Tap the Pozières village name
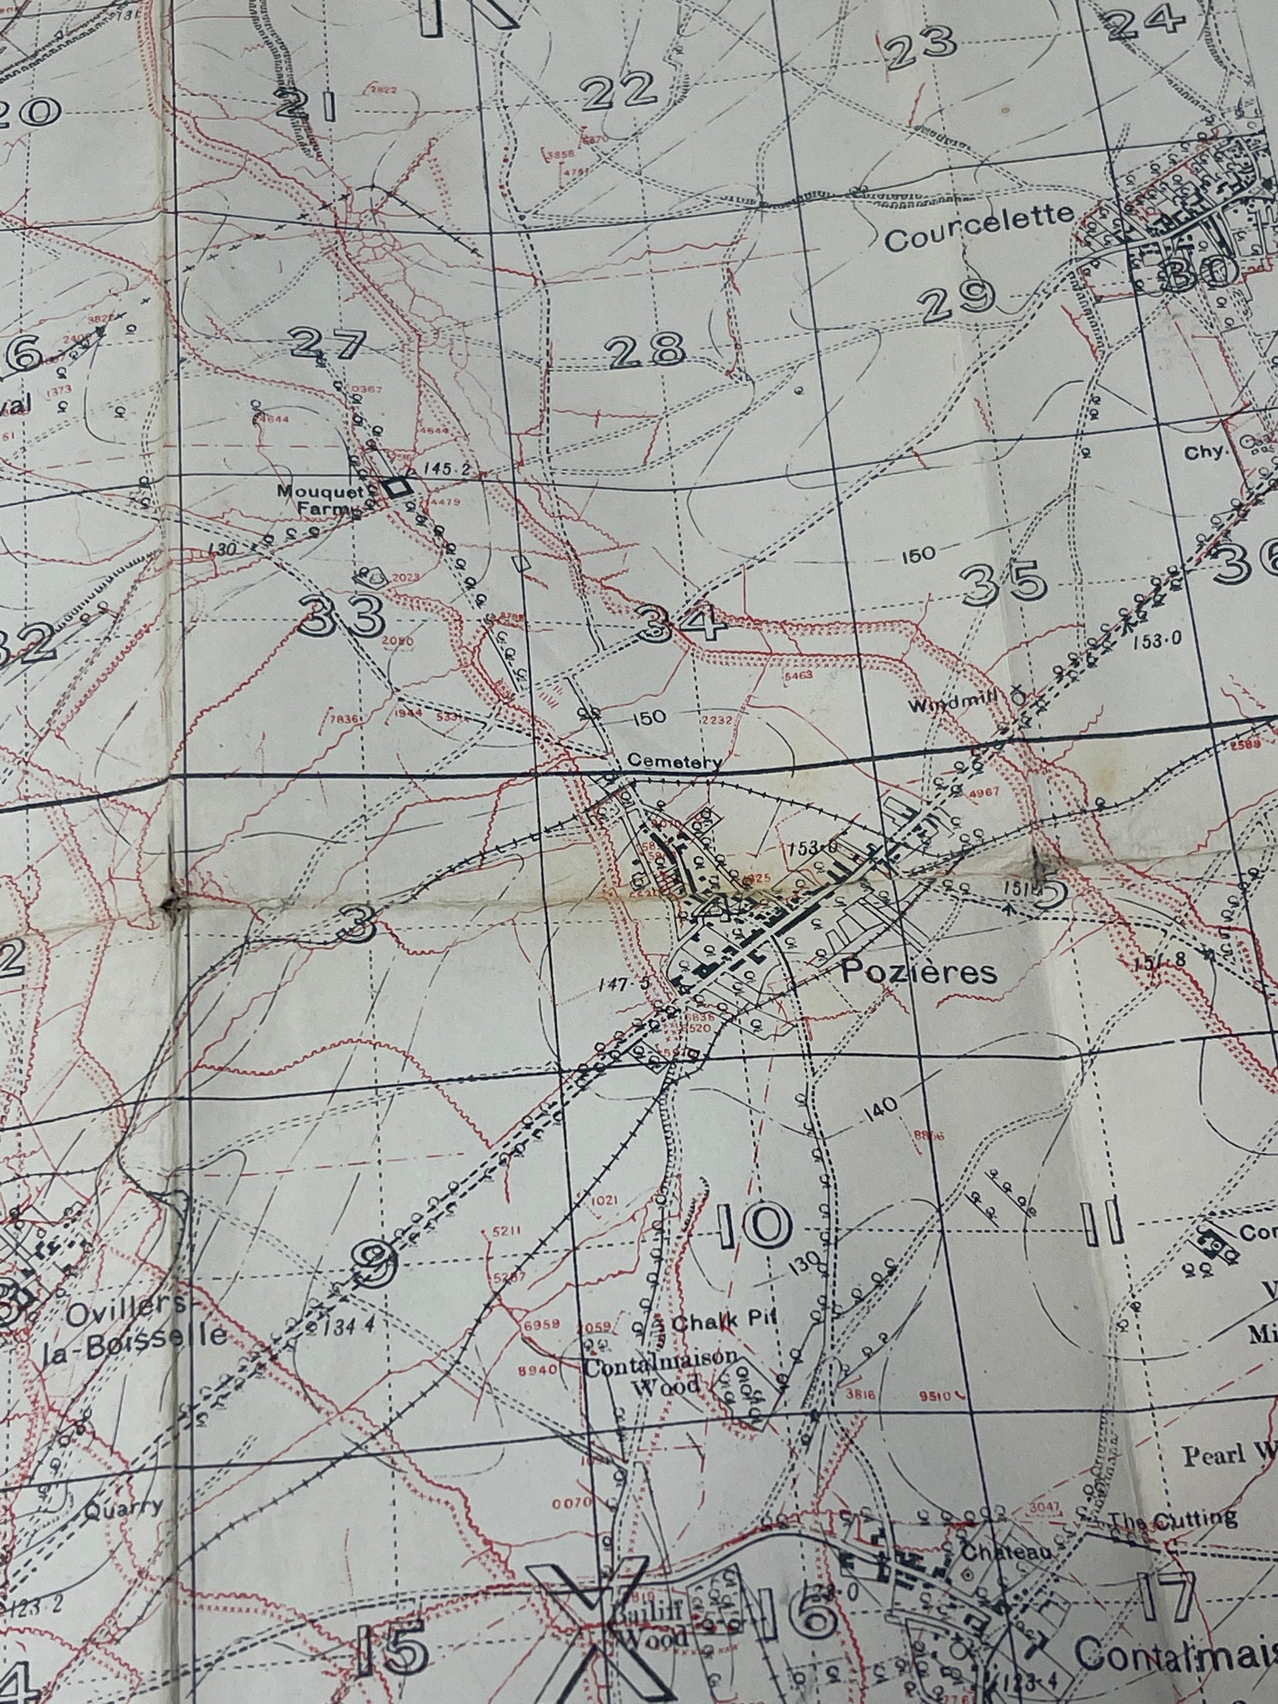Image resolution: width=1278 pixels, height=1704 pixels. click(918, 972)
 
